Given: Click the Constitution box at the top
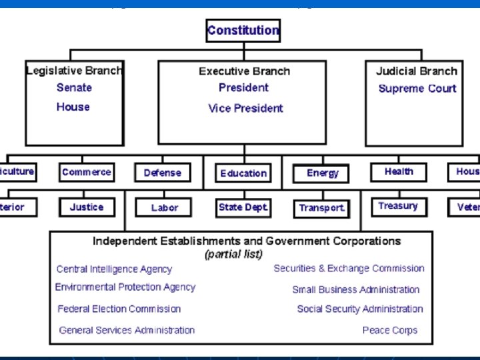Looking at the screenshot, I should (243, 31).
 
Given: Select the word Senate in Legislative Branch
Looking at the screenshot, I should (74, 87).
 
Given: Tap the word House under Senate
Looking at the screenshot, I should (73, 107).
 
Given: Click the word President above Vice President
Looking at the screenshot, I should (243, 87).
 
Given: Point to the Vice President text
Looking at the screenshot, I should (245, 108).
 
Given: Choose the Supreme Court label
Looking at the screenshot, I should (417, 89).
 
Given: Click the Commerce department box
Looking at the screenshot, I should (87, 172).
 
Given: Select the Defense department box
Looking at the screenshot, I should (162, 173).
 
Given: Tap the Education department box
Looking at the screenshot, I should (243, 173).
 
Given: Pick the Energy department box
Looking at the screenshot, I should (322, 173).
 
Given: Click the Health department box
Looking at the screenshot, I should (399, 172).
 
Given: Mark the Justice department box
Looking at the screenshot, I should (87, 207).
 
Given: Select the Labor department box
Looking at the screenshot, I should (164, 208).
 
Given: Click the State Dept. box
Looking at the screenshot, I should (243, 207).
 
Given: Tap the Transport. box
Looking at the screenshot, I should (321, 208).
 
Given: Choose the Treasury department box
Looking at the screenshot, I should (398, 206).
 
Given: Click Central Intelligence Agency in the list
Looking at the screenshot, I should (114, 269).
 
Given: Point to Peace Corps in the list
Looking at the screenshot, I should (390, 330).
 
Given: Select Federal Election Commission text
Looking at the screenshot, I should (119, 309).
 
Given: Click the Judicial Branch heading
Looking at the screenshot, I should (417, 71).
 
